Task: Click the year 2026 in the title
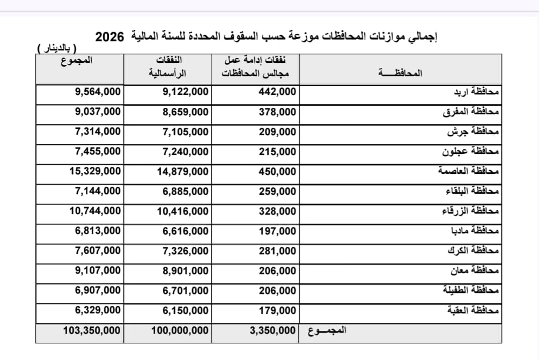[x=109, y=37]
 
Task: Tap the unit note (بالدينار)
[x=56, y=49]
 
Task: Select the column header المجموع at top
[x=76, y=60]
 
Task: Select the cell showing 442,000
[x=277, y=92]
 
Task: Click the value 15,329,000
[x=95, y=172]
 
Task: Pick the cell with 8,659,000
[x=185, y=112]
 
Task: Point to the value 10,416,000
[x=182, y=211]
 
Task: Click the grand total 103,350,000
[x=92, y=330]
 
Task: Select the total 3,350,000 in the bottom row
[x=272, y=330]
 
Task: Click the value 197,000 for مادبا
[x=277, y=231]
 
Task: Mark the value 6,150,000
[x=185, y=311]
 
